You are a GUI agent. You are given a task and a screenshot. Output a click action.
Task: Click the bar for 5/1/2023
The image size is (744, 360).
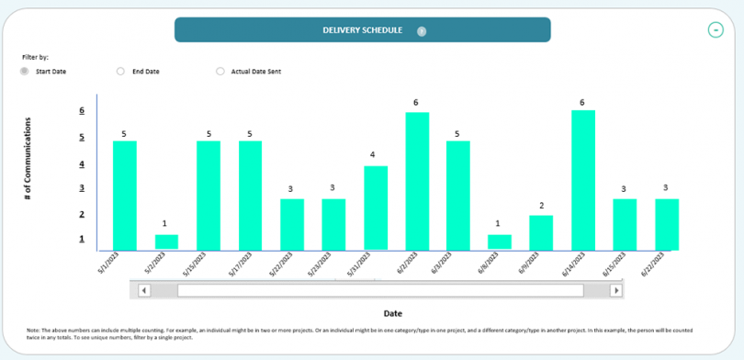125,195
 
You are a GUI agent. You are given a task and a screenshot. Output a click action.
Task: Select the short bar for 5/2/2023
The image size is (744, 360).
166,242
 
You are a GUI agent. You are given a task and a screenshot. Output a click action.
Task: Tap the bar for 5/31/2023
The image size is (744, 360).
375,208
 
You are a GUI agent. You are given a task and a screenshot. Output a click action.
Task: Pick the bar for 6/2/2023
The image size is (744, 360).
417,181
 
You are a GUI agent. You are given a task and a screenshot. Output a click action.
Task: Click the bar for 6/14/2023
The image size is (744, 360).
583,180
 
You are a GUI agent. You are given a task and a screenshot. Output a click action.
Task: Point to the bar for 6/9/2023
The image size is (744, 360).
541,232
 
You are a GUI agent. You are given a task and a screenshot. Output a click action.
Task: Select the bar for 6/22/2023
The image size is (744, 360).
667,224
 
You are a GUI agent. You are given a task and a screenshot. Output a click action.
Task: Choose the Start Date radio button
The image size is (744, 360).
25,71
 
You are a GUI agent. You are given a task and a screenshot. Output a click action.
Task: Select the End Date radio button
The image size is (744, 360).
120,71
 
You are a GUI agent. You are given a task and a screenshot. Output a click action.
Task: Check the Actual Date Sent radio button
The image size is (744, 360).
220,71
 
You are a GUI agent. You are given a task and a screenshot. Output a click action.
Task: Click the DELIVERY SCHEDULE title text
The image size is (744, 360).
362,30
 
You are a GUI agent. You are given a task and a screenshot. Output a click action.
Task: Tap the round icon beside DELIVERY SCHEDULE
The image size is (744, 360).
422,30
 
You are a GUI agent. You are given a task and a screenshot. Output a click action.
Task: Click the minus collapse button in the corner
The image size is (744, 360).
716,30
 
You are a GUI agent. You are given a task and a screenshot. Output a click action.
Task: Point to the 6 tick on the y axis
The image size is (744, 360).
82,111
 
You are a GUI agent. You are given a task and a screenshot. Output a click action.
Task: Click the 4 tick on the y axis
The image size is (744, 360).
82,164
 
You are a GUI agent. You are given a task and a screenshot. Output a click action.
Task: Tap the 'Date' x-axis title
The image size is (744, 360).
392,313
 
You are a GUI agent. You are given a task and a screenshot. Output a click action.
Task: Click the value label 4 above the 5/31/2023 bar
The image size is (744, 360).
372,155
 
